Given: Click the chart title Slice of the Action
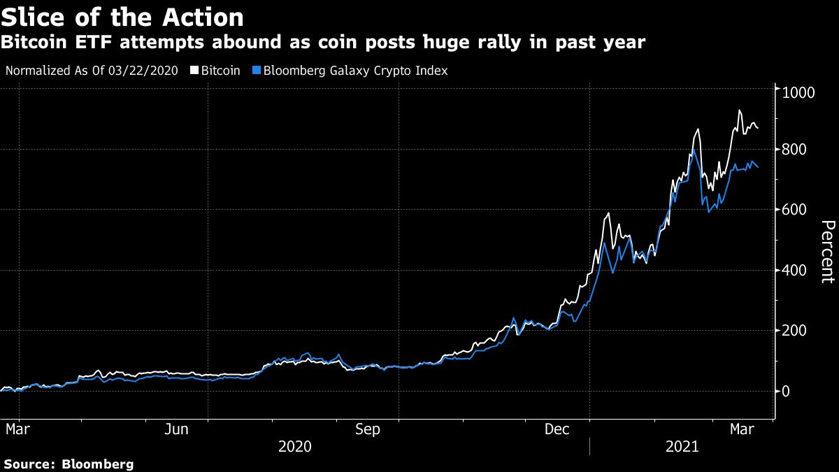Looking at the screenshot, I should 122,17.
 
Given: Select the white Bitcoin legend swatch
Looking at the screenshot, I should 196,71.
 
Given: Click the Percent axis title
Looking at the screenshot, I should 827,252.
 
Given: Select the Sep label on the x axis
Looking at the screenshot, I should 368,429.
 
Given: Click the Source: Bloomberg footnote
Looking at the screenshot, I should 69,464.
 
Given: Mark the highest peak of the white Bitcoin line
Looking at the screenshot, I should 740,110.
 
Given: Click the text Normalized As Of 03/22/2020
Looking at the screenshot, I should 92,71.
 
